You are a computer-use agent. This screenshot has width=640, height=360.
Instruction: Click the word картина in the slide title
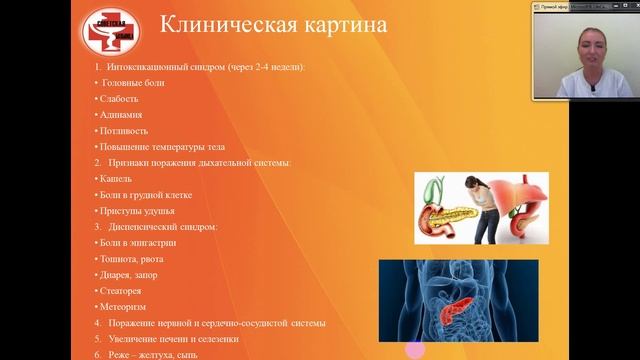click(x=326, y=25)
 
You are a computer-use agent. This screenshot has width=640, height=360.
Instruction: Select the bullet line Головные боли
click(x=133, y=82)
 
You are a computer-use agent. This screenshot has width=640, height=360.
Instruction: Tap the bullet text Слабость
click(x=119, y=98)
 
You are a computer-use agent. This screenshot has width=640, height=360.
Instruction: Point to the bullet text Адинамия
click(x=121, y=114)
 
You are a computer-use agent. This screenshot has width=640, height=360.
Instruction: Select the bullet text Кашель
click(x=116, y=178)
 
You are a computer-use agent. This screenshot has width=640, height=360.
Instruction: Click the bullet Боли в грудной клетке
click(x=145, y=194)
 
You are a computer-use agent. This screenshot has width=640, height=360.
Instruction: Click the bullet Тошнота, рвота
click(x=134, y=258)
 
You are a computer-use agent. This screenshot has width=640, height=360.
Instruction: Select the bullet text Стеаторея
click(x=123, y=290)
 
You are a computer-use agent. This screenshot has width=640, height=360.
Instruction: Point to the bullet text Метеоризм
click(x=125, y=306)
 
